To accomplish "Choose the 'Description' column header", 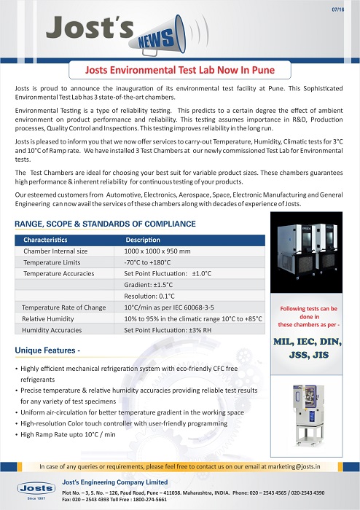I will (143, 240).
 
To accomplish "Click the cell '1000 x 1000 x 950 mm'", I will (158, 251).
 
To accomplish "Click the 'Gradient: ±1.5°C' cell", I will (149, 285).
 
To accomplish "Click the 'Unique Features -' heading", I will (47, 351).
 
